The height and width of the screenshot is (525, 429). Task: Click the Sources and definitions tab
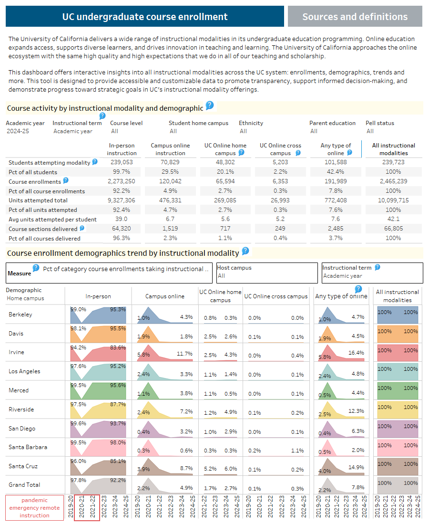coord(355,17)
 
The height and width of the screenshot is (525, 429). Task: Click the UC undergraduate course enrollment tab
coord(145,17)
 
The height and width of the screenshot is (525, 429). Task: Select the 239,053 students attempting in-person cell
coord(122,163)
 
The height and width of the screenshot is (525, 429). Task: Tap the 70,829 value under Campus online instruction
coord(170,163)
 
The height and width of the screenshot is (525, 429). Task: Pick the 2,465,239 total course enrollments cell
coord(393,181)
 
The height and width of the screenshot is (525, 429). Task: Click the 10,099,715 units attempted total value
coord(393,200)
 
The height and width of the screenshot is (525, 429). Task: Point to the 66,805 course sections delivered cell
coord(393,229)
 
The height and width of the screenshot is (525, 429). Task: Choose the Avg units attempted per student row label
coord(52,220)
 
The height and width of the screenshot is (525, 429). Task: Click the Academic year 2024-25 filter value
coord(18,131)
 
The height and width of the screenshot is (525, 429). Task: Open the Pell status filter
coord(370,131)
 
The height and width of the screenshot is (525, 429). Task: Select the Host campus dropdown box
coord(267,273)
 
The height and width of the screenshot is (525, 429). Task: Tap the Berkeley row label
coord(20,315)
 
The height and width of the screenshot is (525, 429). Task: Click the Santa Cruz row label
coord(23,466)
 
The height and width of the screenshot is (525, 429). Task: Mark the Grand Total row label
coord(24,484)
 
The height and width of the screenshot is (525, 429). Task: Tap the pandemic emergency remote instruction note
coord(34,508)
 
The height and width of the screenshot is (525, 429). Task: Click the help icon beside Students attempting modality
coord(95,162)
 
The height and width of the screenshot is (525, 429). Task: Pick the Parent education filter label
coord(332,123)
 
